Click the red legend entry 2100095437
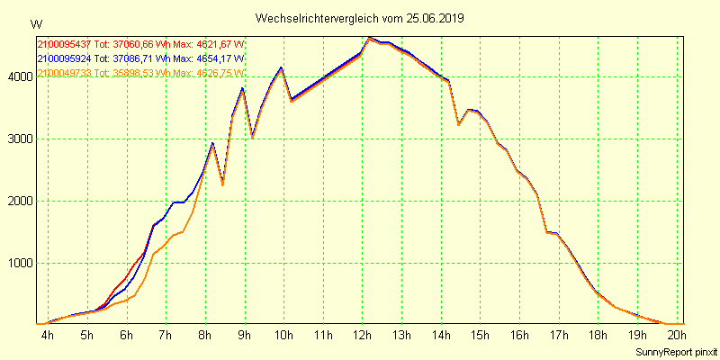click(64, 44)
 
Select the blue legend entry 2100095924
click(64, 58)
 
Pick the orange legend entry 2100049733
click(64, 73)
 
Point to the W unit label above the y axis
click(35, 23)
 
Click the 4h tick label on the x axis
click(48, 336)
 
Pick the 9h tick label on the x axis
click(244, 336)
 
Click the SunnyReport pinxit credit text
click(676, 351)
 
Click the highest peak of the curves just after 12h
click(370, 38)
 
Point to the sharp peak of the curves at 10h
click(281, 67)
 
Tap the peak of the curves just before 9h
click(242, 88)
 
